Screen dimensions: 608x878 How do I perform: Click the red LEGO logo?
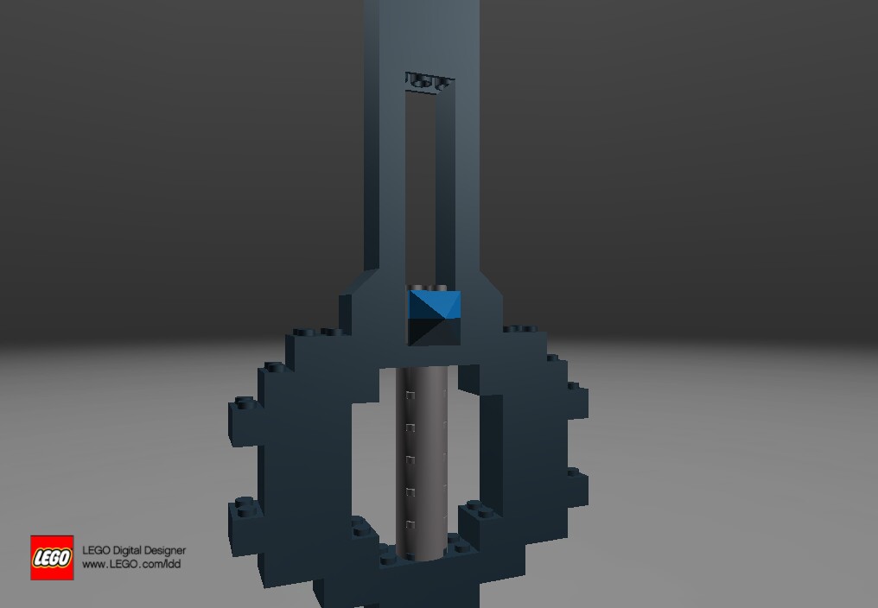click(x=52, y=557)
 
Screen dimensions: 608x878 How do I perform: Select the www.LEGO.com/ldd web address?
click(x=131, y=565)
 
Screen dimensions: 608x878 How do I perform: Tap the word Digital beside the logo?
click(x=129, y=550)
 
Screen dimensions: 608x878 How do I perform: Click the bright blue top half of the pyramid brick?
click(x=435, y=303)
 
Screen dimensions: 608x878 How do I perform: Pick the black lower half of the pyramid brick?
click(x=433, y=332)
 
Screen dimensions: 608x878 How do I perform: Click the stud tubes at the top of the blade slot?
click(x=429, y=82)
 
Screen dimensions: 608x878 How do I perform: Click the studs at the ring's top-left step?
click(x=316, y=331)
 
